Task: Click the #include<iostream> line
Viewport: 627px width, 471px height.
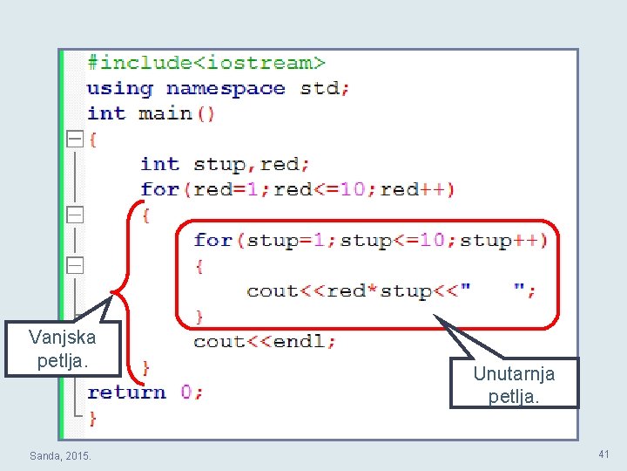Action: click(x=206, y=63)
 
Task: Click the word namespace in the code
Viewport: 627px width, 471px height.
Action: click(x=226, y=88)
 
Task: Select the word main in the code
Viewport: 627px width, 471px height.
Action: click(x=165, y=113)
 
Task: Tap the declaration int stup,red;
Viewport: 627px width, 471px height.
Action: click(x=226, y=164)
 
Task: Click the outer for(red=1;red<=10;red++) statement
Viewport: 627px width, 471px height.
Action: click(x=297, y=189)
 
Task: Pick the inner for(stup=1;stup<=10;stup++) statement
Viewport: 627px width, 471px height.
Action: click(x=370, y=240)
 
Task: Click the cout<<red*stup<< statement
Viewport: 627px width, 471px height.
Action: click(x=358, y=290)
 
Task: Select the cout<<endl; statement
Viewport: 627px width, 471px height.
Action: click(x=265, y=341)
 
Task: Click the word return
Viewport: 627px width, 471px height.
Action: click(x=126, y=392)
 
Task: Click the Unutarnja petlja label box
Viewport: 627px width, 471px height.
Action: click(x=514, y=384)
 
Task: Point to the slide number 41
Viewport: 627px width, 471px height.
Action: click(x=603, y=454)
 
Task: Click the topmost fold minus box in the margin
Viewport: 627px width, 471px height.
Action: click(x=75, y=139)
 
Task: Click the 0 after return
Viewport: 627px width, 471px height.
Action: click(x=186, y=392)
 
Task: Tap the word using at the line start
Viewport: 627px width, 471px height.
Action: click(x=119, y=88)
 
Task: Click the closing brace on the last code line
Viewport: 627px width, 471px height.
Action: click(x=92, y=418)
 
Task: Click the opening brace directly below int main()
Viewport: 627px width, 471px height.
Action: click(x=93, y=139)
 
